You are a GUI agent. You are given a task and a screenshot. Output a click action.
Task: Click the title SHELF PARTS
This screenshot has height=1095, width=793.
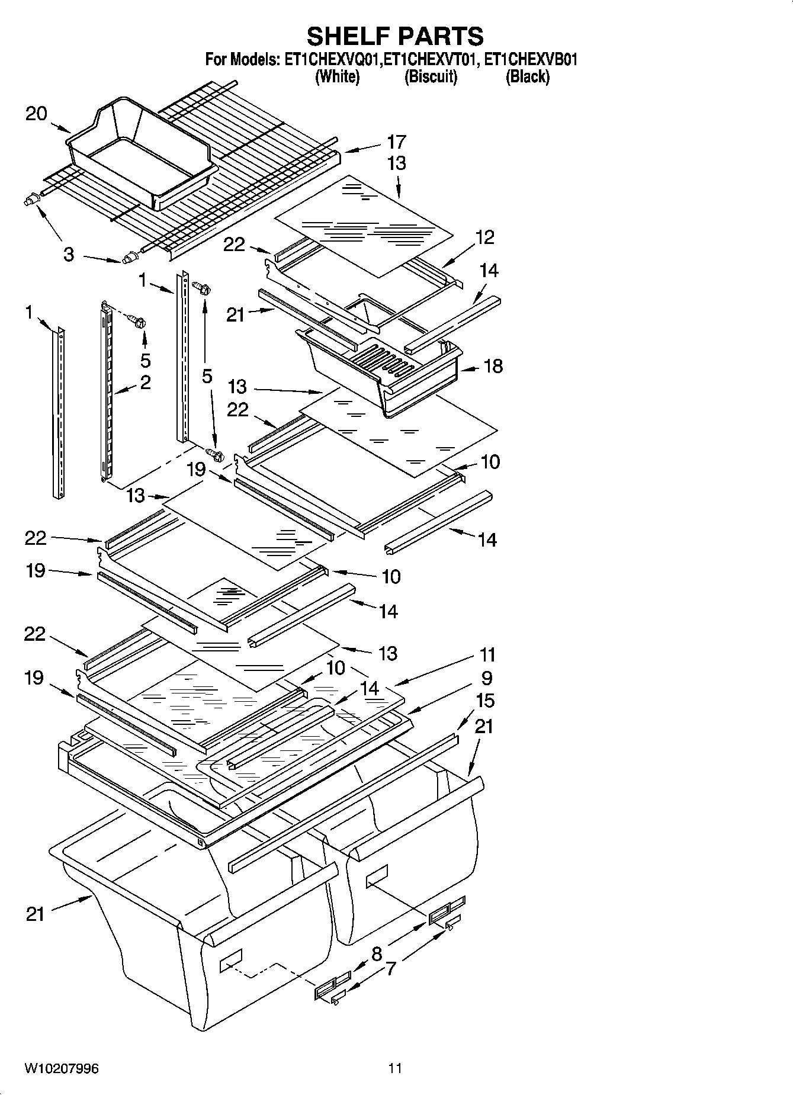[x=395, y=36]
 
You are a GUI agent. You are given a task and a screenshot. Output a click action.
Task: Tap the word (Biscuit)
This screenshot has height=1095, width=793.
[x=431, y=77]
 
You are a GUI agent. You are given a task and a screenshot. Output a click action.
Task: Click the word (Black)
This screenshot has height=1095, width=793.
[x=527, y=77]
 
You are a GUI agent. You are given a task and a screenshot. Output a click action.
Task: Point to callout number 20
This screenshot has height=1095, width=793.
[x=36, y=114]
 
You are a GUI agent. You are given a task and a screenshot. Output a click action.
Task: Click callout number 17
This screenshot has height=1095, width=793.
[x=396, y=142]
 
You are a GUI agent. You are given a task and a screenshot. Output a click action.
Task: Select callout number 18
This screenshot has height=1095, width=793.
[x=493, y=366]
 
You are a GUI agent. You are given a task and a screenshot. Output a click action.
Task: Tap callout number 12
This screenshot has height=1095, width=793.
[x=484, y=237]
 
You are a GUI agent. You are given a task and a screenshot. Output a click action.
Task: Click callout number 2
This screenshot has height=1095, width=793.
[x=145, y=382]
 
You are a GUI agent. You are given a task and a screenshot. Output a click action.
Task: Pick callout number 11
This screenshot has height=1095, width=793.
[x=487, y=655]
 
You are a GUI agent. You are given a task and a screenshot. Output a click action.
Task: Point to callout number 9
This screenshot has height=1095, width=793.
[x=486, y=677]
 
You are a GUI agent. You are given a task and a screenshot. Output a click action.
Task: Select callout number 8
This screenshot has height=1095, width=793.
[x=377, y=954]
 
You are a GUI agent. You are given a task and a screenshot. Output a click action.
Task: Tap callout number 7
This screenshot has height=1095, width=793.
[x=390, y=969]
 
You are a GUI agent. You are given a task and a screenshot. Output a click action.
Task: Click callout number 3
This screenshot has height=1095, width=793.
[x=69, y=255]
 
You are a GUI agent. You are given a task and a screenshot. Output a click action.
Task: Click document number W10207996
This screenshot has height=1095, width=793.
[x=62, y=1069]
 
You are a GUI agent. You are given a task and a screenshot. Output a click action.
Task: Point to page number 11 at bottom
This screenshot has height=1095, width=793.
[x=395, y=1069]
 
